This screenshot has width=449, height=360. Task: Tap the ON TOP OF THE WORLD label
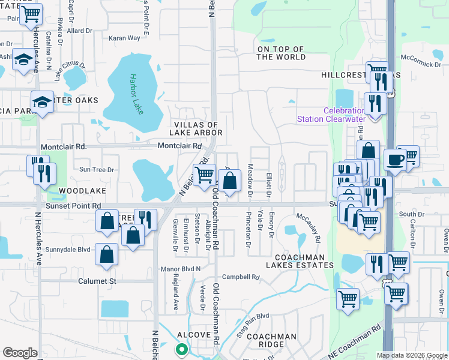tap(281, 53)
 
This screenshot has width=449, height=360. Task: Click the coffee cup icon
tap(394, 160)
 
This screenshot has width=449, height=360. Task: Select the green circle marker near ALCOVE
tap(181, 349)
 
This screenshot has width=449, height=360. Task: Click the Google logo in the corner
tap(20, 353)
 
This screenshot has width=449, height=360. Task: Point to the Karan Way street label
tap(124, 38)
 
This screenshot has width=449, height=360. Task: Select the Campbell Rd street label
tap(240, 278)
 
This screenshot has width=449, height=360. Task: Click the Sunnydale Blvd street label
tap(67, 249)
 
